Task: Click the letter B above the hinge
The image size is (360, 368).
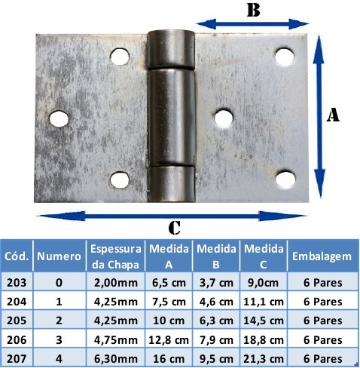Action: [x=253, y=11]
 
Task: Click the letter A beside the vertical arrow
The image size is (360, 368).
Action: [x=333, y=115]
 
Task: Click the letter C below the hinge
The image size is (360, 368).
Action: [x=175, y=228]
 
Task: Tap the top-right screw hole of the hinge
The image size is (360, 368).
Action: [x=285, y=57]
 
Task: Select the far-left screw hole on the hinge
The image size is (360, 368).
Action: [x=59, y=118]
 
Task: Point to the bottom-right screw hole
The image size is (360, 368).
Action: [x=285, y=179]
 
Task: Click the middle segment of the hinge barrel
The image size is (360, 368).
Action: [x=172, y=118]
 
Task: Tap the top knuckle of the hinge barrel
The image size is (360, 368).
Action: [x=171, y=50]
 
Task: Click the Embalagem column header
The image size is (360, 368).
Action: [x=322, y=256]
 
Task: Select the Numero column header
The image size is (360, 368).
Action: [x=59, y=256]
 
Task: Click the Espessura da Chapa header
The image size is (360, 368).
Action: [x=116, y=256]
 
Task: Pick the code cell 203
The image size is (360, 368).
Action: [x=17, y=283]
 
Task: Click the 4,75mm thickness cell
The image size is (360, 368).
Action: [x=116, y=340]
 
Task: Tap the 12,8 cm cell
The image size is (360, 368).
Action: [x=169, y=340]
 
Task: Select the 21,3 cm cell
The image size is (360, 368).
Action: [x=264, y=359]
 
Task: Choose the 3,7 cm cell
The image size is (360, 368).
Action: [x=216, y=283]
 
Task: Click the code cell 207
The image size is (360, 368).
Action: [x=17, y=359]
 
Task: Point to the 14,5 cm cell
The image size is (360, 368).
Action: [x=264, y=320]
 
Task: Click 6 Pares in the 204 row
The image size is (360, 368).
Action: [x=323, y=302]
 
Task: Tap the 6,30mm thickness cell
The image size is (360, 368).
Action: [x=116, y=359]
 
